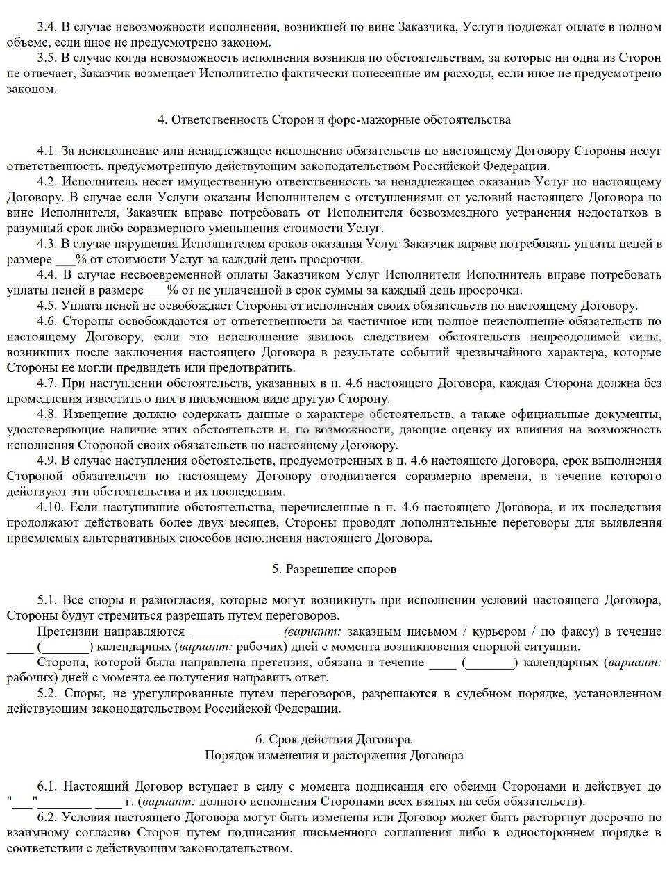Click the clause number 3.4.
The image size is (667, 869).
point(47,27)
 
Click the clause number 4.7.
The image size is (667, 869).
point(47,383)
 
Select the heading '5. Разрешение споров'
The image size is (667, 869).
point(334,569)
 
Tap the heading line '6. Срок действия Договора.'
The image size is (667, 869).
point(334,740)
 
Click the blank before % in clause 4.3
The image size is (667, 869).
point(65,259)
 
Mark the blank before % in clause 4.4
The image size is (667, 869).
point(157,290)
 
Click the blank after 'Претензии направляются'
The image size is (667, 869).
point(233,631)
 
